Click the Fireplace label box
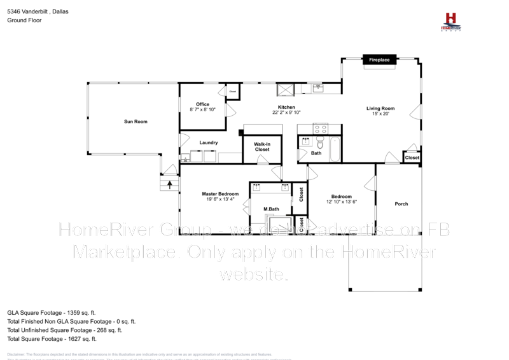(380, 60)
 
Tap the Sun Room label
(136, 121)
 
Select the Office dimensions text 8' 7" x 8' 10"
(202, 110)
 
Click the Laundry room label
(209, 142)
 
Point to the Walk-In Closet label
(262, 147)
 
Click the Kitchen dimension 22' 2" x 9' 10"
(286, 113)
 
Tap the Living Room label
(380, 108)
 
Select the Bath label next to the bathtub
(316, 153)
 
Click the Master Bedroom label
(220, 194)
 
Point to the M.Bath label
(272, 209)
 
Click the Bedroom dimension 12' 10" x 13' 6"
(342, 202)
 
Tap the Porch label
(401, 204)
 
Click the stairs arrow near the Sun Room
(170, 183)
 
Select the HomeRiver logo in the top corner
(451, 20)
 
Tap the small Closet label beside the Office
(233, 92)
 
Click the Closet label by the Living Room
(412, 157)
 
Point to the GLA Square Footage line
(51, 313)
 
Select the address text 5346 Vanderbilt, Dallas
(38, 12)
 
